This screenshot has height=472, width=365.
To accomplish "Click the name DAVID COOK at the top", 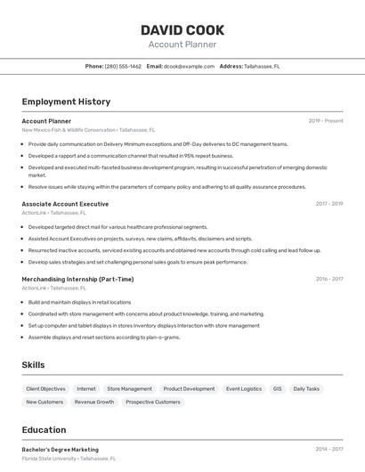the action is pos(182,30).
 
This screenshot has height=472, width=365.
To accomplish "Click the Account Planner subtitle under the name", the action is pos(182,45).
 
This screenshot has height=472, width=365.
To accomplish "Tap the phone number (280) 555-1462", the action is pos(123,66).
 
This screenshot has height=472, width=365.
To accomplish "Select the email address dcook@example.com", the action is pos(189,66).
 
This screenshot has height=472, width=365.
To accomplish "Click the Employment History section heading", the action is pos(66,102).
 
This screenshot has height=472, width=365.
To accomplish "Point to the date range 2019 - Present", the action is pos(326,121).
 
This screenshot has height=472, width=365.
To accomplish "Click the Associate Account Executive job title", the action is pos(65,204).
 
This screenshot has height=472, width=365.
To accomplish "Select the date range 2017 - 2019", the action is pos(328,204).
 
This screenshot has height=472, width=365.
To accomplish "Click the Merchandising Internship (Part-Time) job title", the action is pos(77,279).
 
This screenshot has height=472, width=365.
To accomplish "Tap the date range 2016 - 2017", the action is pos(328,279).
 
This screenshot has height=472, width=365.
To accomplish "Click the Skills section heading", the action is pos(33,365).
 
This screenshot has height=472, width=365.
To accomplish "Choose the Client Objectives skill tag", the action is pos(45,388).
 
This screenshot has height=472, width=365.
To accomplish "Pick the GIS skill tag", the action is pos(277,388).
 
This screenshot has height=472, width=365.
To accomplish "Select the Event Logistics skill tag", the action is pos(244,388).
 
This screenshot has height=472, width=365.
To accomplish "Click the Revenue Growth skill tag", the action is pos(94,402).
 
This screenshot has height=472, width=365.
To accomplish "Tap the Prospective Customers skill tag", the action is pos(153,402).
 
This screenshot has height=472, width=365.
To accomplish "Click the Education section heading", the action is pos(44,430).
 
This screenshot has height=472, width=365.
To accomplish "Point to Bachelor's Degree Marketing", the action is pos(61,450).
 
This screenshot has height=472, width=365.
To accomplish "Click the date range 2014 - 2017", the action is pos(328,450).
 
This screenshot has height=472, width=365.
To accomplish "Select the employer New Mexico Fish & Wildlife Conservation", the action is pos(69,130).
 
